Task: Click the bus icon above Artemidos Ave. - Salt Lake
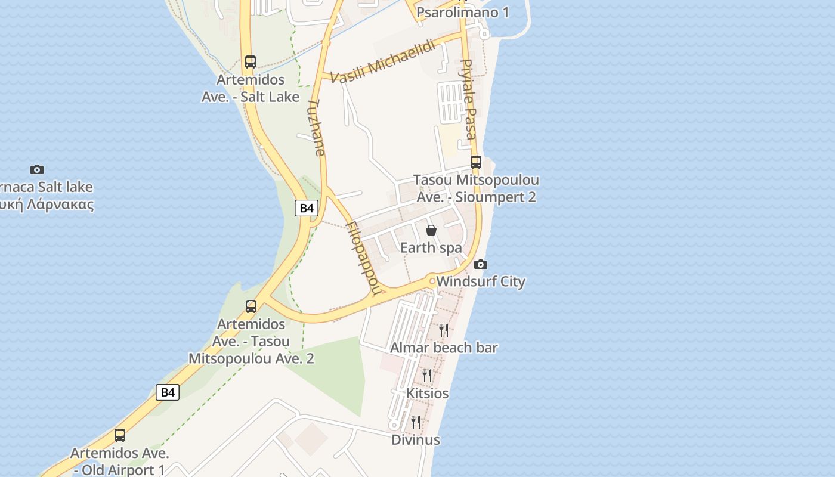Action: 250,61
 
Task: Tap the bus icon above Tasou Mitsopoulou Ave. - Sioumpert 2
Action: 475,162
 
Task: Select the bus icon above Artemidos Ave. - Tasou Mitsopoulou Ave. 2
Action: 251,306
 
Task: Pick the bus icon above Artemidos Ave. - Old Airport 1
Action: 120,435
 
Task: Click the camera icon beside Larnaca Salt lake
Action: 37,169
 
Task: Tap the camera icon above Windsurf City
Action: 480,264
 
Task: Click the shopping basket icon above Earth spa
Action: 431,230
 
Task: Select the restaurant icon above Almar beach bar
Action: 444,330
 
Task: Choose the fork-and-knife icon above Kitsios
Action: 427,375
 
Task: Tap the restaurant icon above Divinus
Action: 416,422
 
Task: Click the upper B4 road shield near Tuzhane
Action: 307,208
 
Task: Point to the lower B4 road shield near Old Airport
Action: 168,392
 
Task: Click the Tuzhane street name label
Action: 317,128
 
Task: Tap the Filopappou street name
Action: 363,258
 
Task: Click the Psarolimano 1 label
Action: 462,13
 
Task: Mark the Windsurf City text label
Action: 481,281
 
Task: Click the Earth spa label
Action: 431,247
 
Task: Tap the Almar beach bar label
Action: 444,348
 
